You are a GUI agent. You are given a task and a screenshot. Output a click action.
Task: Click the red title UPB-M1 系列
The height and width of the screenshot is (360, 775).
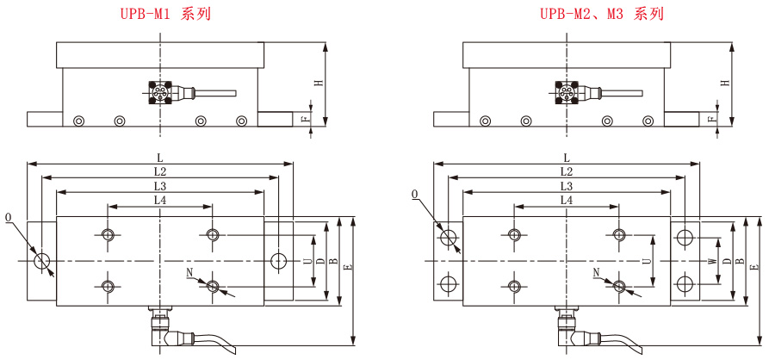[164, 14]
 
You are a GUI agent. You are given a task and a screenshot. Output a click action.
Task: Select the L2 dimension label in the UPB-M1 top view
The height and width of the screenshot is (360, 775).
[160, 172]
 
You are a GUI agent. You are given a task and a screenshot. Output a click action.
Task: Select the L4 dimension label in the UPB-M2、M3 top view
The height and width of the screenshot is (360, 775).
[566, 200]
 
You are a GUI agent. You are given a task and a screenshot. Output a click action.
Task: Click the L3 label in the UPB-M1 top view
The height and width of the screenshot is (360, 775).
[160, 186]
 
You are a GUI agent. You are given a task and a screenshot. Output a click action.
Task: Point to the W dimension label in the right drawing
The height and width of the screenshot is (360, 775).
[711, 260]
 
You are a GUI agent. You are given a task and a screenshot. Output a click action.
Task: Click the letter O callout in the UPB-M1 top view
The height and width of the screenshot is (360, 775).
[9, 216]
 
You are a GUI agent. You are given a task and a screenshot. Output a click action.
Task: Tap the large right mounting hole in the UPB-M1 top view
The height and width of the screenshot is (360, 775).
[278, 260]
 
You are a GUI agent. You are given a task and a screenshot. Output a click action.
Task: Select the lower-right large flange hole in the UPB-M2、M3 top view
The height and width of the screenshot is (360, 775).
[685, 284]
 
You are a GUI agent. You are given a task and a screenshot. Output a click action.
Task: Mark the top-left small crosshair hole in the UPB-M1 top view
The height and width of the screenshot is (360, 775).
[108, 235]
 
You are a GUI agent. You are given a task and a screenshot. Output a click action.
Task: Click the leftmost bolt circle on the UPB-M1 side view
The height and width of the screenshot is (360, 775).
[79, 121]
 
